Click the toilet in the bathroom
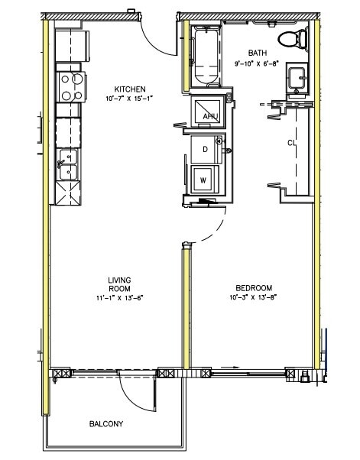tap(291, 39)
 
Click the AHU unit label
tap(210, 115)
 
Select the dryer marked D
tap(205, 149)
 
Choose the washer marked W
tap(203, 180)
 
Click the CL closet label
tap(292, 143)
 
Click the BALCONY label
tap(106, 423)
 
